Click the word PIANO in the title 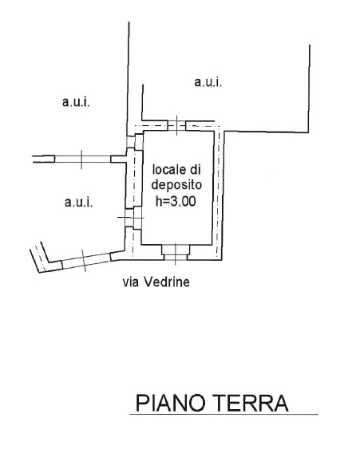coord(171,404)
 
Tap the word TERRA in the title coord(251,404)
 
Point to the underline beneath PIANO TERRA coord(224,414)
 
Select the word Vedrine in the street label coord(167,282)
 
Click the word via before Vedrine coord(131,282)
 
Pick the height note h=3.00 coord(176,201)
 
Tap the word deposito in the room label coord(176,185)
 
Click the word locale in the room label coord(168,170)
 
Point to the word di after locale coord(195,170)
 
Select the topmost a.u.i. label coord(208,82)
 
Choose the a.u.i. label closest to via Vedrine coord(78,202)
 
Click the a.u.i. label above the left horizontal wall coord(76,102)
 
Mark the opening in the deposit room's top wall coord(176,125)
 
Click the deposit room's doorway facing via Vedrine coord(176,253)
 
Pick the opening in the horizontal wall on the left coord(82,159)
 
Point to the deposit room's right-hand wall coord(219,195)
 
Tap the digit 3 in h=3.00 coord(174,202)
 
